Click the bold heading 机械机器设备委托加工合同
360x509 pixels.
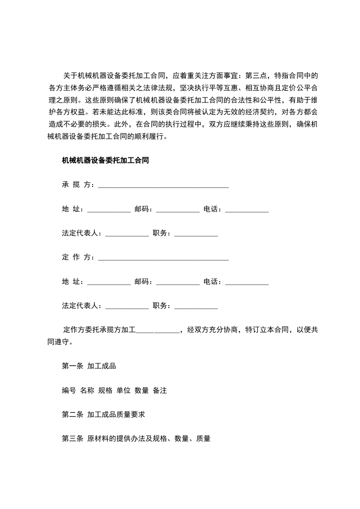coord(106,160)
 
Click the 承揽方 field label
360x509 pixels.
coord(77,185)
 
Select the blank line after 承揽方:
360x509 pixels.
coord(163,186)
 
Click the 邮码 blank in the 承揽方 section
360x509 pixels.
coord(178,210)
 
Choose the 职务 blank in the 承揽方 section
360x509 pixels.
coord(196,235)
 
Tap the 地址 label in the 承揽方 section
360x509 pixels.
coord(72,209)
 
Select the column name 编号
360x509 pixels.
coord(69,390)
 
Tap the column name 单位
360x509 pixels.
coord(123,390)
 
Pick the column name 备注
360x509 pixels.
coord(160,390)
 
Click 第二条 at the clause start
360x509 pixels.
coord(72,415)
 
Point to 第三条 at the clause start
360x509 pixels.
coord(72,439)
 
